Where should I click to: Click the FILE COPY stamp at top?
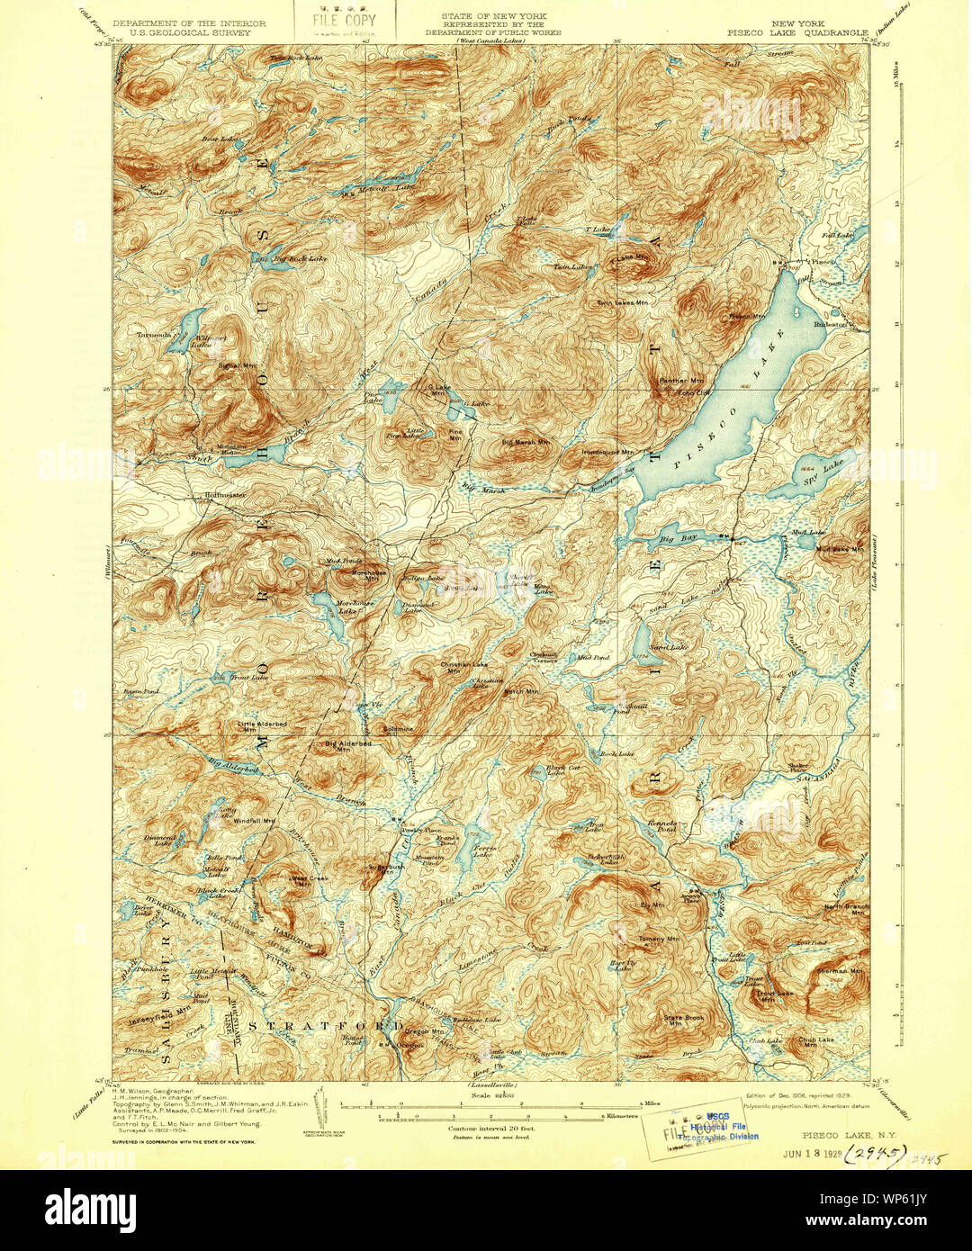[346, 21]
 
